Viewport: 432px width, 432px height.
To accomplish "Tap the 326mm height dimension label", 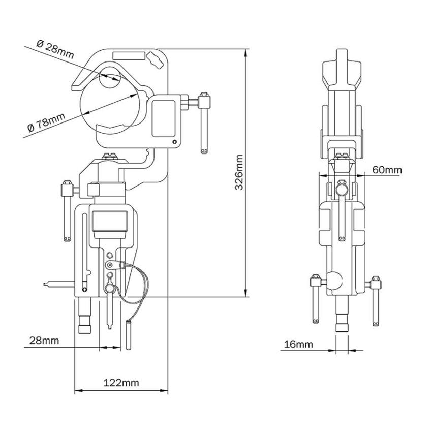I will [x=239, y=173].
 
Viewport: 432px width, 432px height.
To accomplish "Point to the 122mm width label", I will [x=121, y=382].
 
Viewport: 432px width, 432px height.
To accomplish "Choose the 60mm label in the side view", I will [x=386, y=169].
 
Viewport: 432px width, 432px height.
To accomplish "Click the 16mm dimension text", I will [x=298, y=344].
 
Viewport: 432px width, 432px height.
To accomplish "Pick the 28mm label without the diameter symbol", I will [x=44, y=340].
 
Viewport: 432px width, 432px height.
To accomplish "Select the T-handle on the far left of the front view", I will [x=67, y=208].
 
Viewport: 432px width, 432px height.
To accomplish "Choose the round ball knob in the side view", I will [x=335, y=281].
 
